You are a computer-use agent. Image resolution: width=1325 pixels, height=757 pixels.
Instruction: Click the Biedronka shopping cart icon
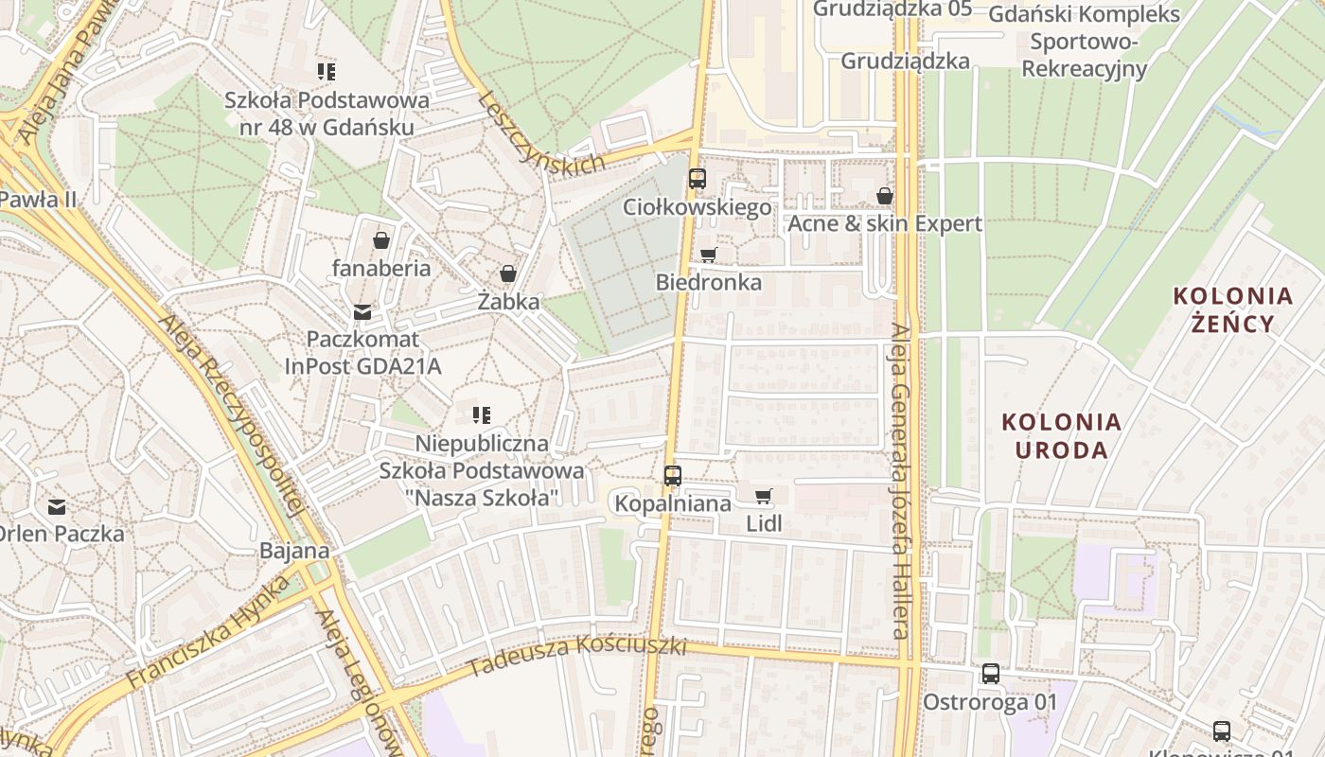click(x=708, y=255)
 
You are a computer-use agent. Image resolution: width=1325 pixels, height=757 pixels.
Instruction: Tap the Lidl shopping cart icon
click(x=764, y=496)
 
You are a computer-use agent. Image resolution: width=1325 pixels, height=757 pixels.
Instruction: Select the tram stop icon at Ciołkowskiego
click(x=698, y=178)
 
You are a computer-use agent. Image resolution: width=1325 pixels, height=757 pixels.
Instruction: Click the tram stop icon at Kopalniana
click(x=673, y=475)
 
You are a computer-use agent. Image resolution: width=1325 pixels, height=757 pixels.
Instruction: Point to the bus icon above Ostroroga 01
click(x=990, y=674)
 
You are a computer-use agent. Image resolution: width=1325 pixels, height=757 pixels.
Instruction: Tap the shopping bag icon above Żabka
click(x=508, y=273)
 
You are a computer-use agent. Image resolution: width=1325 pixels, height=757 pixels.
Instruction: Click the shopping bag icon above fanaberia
click(x=381, y=240)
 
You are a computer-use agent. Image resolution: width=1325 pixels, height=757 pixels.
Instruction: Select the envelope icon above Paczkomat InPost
click(x=362, y=311)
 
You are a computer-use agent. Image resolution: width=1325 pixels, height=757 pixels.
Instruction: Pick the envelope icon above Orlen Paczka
click(x=57, y=506)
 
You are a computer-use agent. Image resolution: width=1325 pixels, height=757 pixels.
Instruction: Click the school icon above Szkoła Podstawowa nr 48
click(x=327, y=72)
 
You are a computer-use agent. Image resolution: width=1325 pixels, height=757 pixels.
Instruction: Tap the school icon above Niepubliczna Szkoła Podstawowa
click(x=482, y=414)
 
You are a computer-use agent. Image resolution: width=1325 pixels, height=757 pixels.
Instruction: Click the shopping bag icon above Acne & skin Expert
click(x=885, y=196)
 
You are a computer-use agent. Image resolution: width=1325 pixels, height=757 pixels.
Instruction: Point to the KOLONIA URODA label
click(x=1061, y=435)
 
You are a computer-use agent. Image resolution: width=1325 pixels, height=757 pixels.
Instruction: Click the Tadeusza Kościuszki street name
click(x=576, y=656)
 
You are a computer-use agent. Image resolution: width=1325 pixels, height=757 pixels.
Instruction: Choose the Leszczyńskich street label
click(x=540, y=133)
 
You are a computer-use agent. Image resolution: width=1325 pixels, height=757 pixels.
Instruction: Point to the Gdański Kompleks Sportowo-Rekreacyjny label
click(x=1084, y=42)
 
